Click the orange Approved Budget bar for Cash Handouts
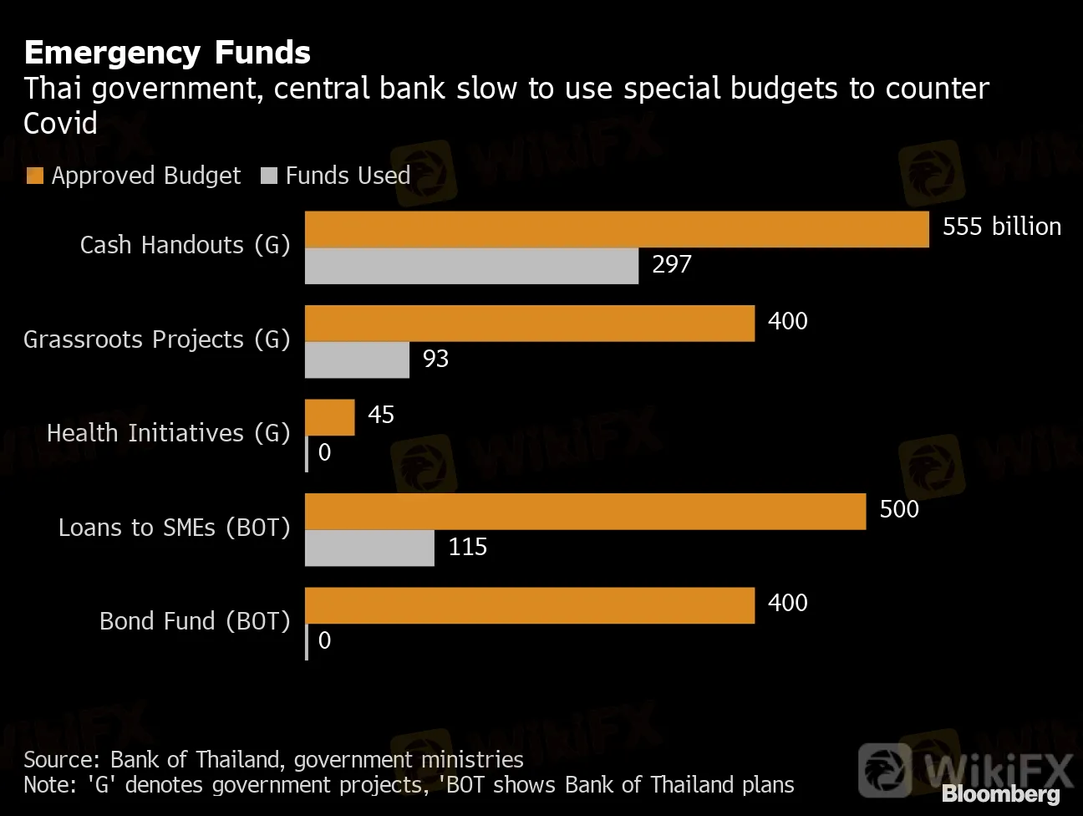[x=617, y=229]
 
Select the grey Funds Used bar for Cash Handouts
[x=471, y=266]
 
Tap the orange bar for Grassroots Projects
[x=530, y=324]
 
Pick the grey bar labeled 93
[x=357, y=360]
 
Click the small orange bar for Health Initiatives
[x=330, y=417]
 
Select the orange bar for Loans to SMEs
[x=585, y=512]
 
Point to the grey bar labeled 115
[x=369, y=548]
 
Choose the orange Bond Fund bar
[x=530, y=605]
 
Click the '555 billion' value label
[x=1001, y=227]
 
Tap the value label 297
[x=672, y=264]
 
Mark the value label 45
[x=381, y=415]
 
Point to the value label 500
[x=899, y=509]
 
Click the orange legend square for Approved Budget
[x=35, y=176]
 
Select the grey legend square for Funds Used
[x=269, y=176]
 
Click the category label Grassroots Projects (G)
[x=156, y=339]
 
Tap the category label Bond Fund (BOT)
[x=195, y=621]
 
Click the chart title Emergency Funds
[x=167, y=53]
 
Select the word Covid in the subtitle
[x=60, y=124]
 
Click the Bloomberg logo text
[x=1000, y=794]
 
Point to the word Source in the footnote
[x=60, y=759]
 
